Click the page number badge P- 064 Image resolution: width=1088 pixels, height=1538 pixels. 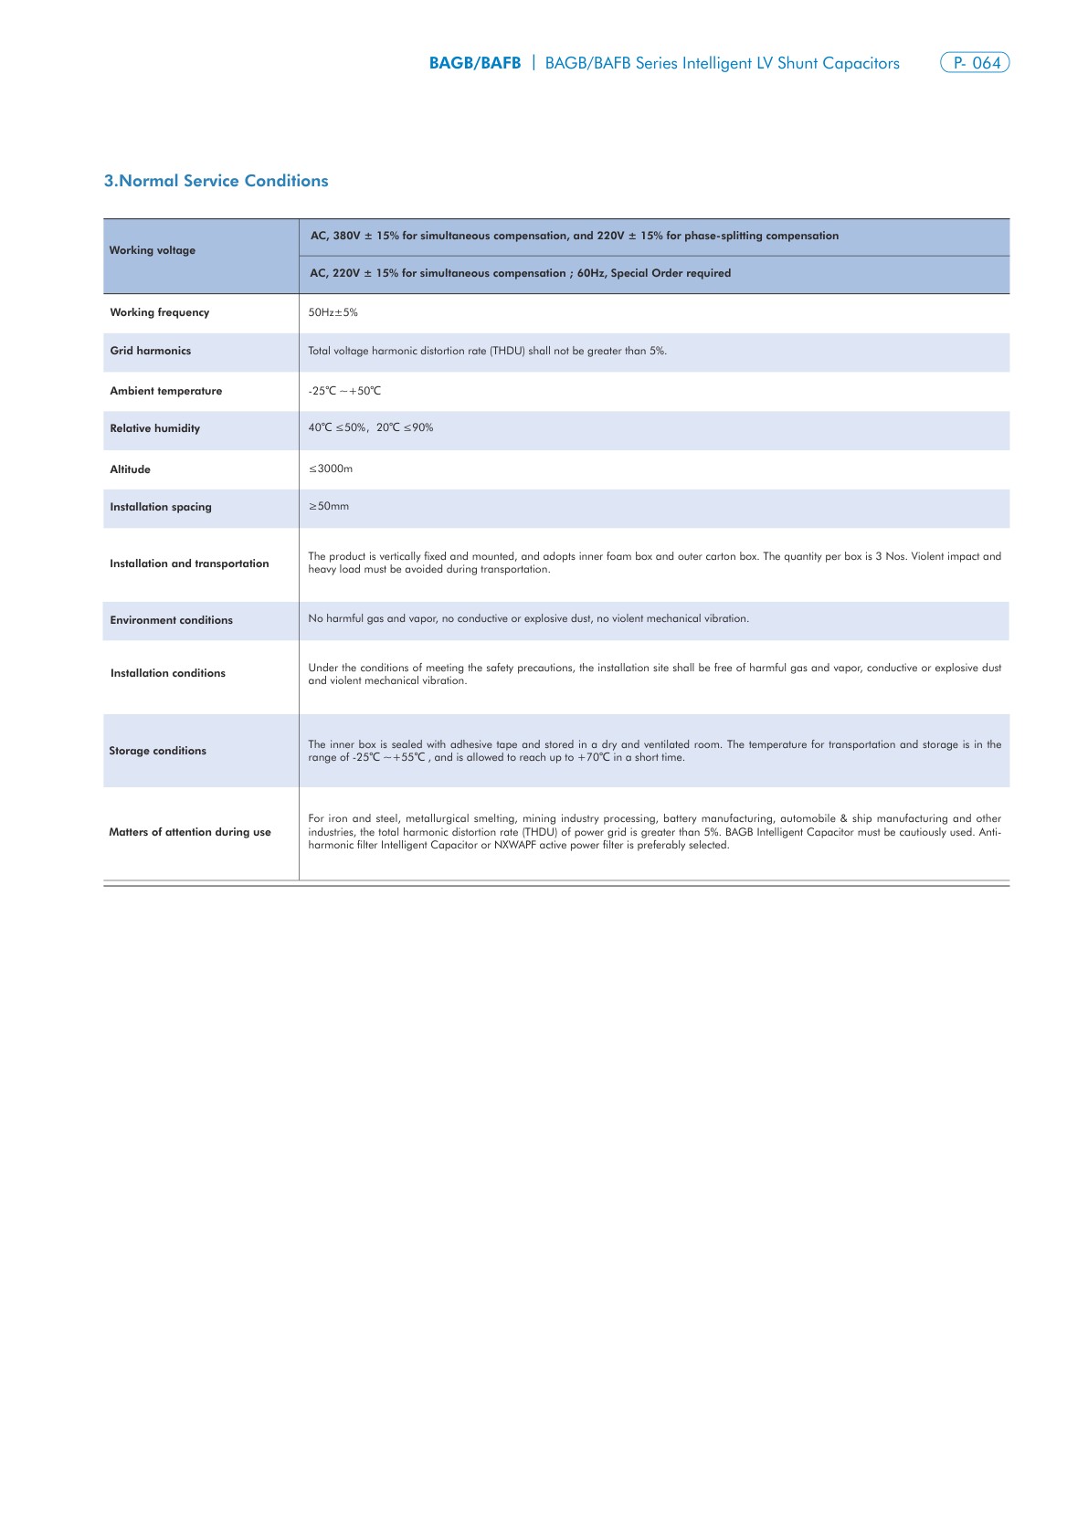click(x=975, y=63)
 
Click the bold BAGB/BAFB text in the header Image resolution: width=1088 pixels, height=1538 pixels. click(x=475, y=63)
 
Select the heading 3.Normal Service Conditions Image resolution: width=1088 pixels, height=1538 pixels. click(x=216, y=181)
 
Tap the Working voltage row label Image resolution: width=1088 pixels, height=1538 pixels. click(x=153, y=250)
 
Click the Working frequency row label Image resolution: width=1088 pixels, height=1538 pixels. click(x=160, y=312)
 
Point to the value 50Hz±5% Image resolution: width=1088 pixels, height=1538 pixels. click(x=333, y=312)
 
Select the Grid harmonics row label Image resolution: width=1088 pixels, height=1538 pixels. click(x=151, y=351)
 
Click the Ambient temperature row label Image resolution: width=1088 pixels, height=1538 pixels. click(x=166, y=391)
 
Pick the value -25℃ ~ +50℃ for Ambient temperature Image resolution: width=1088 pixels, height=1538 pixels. click(x=344, y=391)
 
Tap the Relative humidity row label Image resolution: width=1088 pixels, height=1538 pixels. click(x=155, y=428)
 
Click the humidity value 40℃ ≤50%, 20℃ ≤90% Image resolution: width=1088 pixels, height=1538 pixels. click(x=371, y=427)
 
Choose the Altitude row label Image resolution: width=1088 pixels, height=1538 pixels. click(x=131, y=469)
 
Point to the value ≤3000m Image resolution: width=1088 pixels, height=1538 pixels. click(x=331, y=469)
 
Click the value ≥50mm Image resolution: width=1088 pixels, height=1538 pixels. click(x=329, y=506)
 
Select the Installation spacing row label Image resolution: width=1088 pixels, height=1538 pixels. click(x=161, y=507)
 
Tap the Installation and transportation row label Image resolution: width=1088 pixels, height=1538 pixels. click(x=190, y=564)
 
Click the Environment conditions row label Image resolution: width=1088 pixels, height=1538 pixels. click(x=172, y=620)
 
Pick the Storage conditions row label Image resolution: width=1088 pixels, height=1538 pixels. click(x=158, y=751)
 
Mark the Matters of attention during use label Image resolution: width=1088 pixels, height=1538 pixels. click(x=190, y=832)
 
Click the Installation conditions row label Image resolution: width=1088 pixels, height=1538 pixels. click(x=168, y=673)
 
